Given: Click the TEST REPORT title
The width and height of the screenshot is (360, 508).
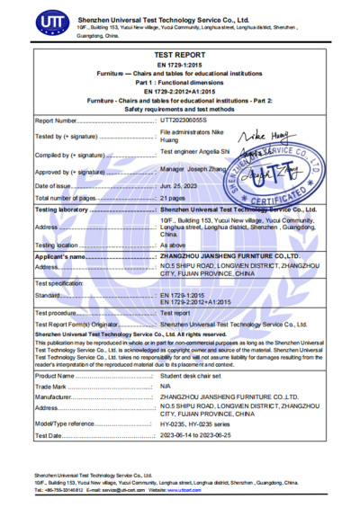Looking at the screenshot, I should tap(179, 55).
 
